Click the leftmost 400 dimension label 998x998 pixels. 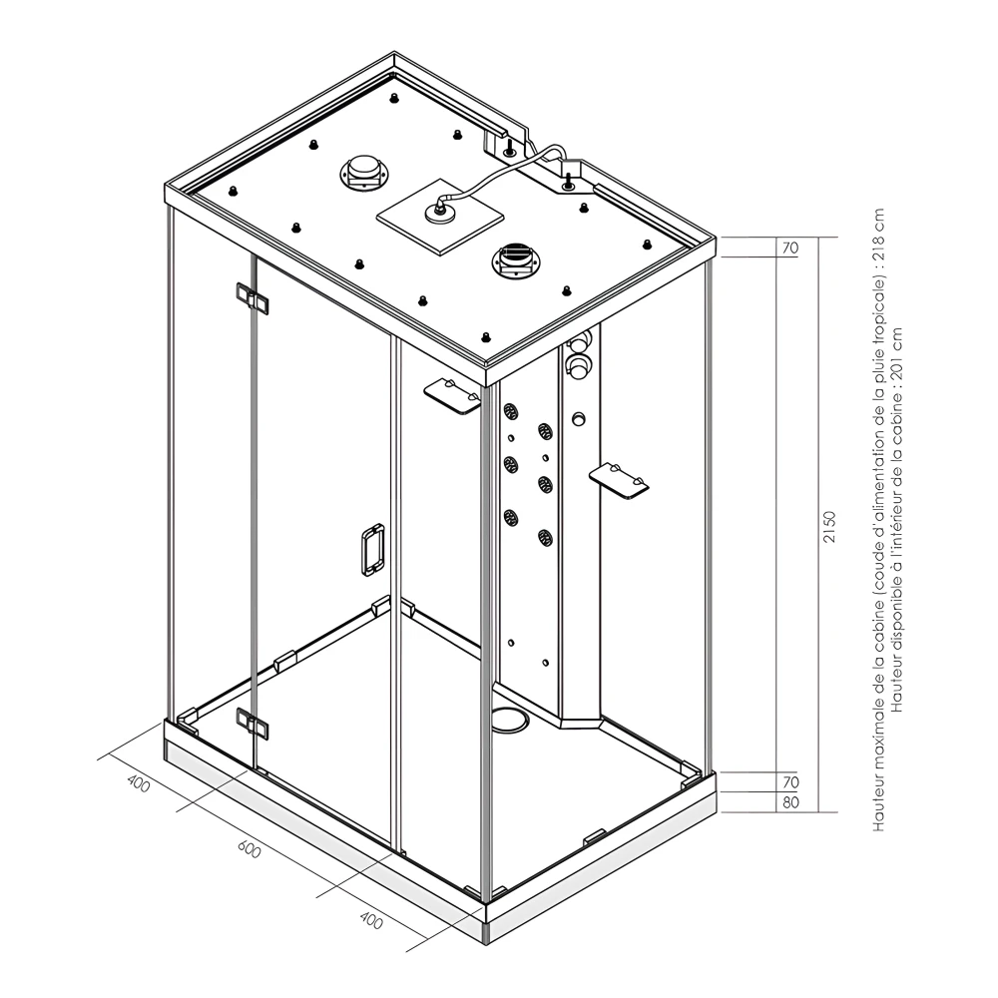[x=139, y=784]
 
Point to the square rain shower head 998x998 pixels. [x=439, y=216]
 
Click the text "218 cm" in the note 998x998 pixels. [x=879, y=236]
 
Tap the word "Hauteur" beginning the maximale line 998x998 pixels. [x=879, y=805]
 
